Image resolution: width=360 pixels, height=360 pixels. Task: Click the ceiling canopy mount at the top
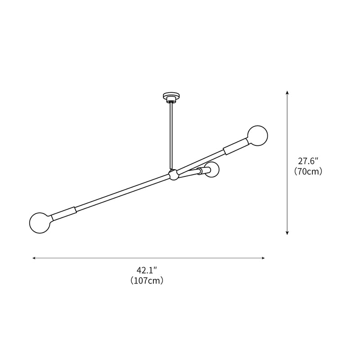coord(171,97)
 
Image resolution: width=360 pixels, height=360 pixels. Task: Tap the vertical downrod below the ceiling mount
coord(171,135)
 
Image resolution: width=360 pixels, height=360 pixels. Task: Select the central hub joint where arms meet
coord(172,175)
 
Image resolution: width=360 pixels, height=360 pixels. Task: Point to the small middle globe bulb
coord(212,171)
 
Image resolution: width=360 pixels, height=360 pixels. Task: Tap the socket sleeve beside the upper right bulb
coord(235,147)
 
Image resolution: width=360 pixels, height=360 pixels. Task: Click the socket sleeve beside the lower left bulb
coord(63,213)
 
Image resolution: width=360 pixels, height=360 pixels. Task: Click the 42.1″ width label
coord(146,270)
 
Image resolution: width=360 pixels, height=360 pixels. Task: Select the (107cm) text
coord(146,281)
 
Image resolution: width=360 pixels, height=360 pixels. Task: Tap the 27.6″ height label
coord(308,161)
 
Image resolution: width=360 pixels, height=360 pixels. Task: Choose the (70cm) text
coord(308,171)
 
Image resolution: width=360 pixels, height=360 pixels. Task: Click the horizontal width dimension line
coord(148,258)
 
